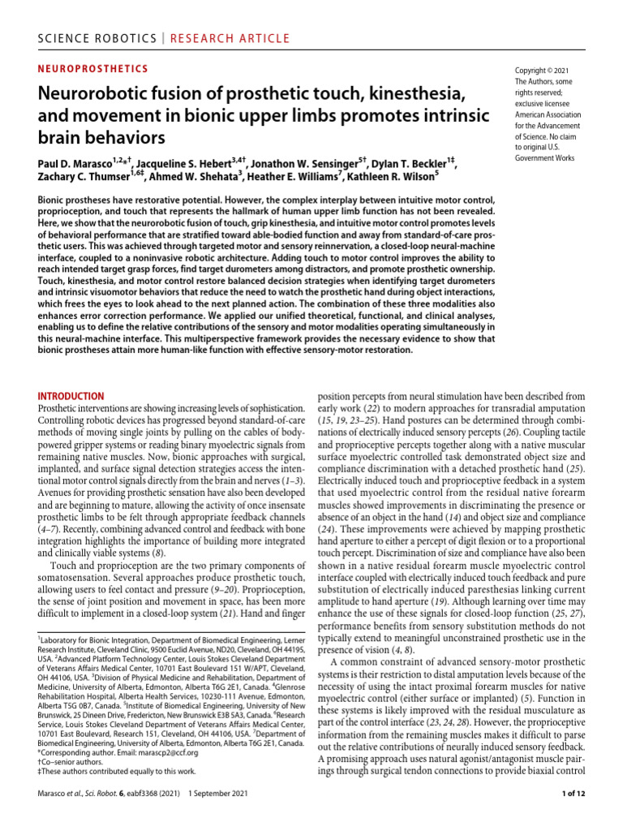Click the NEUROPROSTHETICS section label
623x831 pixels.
pos(93,69)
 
